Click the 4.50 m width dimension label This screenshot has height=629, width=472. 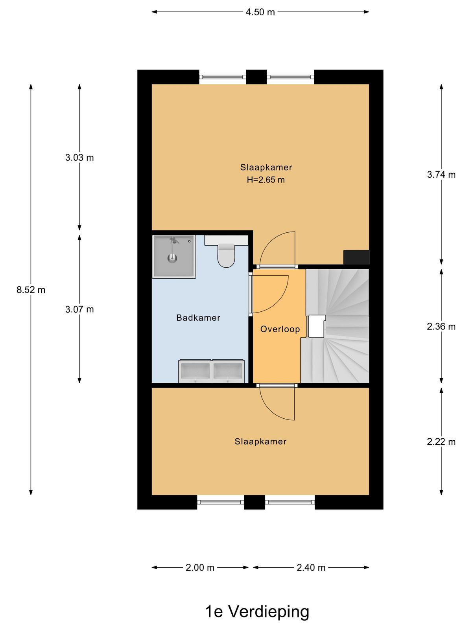[x=260, y=12]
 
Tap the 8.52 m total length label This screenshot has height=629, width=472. [x=31, y=290]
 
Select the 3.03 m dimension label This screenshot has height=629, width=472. [x=79, y=158]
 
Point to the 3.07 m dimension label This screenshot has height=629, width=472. [x=79, y=309]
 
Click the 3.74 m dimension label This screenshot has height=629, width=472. [x=441, y=175]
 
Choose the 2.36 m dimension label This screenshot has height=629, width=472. [x=441, y=326]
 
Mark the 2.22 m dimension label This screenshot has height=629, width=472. [x=441, y=442]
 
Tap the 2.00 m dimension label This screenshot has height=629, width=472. [x=200, y=568]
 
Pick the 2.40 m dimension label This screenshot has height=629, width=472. [x=311, y=568]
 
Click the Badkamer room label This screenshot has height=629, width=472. [x=198, y=318]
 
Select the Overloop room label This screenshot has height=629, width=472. [x=280, y=329]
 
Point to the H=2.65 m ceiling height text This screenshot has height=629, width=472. [x=265, y=180]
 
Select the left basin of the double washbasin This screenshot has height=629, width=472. [x=195, y=372]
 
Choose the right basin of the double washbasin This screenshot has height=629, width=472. [x=228, y=372]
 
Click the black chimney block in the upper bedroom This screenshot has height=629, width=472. [x=356, y=257]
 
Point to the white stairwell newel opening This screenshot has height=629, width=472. [x=317, y=326]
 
